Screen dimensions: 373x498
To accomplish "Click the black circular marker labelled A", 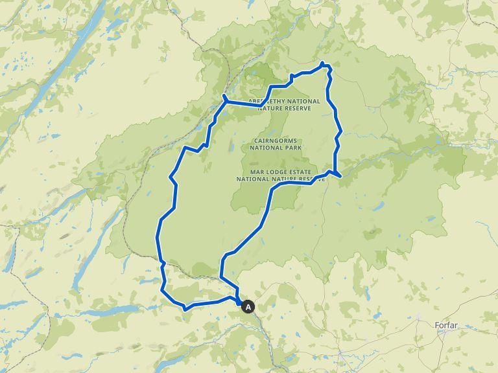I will [248, 308].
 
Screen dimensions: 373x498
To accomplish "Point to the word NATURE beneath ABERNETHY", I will [272, 108].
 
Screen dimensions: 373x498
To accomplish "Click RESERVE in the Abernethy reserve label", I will [298, 108].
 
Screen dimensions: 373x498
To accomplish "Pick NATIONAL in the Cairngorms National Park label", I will [267, 148].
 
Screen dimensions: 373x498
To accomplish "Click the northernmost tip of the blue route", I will [322, 63].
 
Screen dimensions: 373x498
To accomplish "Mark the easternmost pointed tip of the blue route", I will [340, 175].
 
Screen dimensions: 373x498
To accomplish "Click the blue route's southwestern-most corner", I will [185, 309].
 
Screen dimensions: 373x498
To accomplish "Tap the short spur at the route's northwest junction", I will [223, 96].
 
